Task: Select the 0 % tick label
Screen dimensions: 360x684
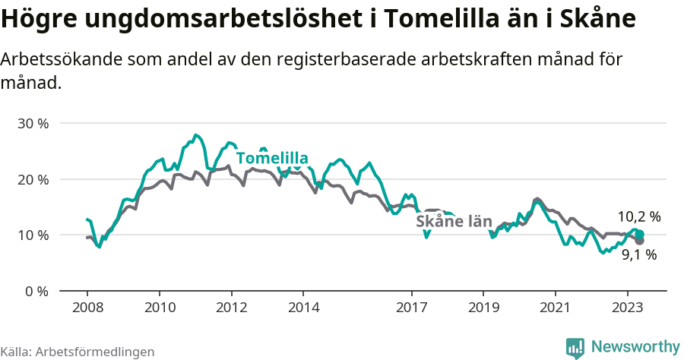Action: coord(36,291)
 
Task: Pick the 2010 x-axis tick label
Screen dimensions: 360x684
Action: coord(159,308)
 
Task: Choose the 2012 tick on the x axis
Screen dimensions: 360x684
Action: coord(231,308)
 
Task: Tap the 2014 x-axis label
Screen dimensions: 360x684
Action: coord(303,308)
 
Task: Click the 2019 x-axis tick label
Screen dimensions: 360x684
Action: coord(483,308)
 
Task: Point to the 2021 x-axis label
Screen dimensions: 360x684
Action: coord(556,308)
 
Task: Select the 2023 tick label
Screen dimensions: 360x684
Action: coord(628,308)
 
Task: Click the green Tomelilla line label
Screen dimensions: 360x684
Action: coord(272,158)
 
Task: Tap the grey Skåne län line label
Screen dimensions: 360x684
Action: coord(453,222)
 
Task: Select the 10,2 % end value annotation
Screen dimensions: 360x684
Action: coord(638,217)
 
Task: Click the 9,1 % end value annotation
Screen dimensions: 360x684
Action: coord(638,255)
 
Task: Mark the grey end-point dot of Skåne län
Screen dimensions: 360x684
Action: coord(639,241)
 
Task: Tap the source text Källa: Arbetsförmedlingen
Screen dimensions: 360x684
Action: coord(78,352)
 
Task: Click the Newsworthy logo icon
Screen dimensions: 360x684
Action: coord(575,348)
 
